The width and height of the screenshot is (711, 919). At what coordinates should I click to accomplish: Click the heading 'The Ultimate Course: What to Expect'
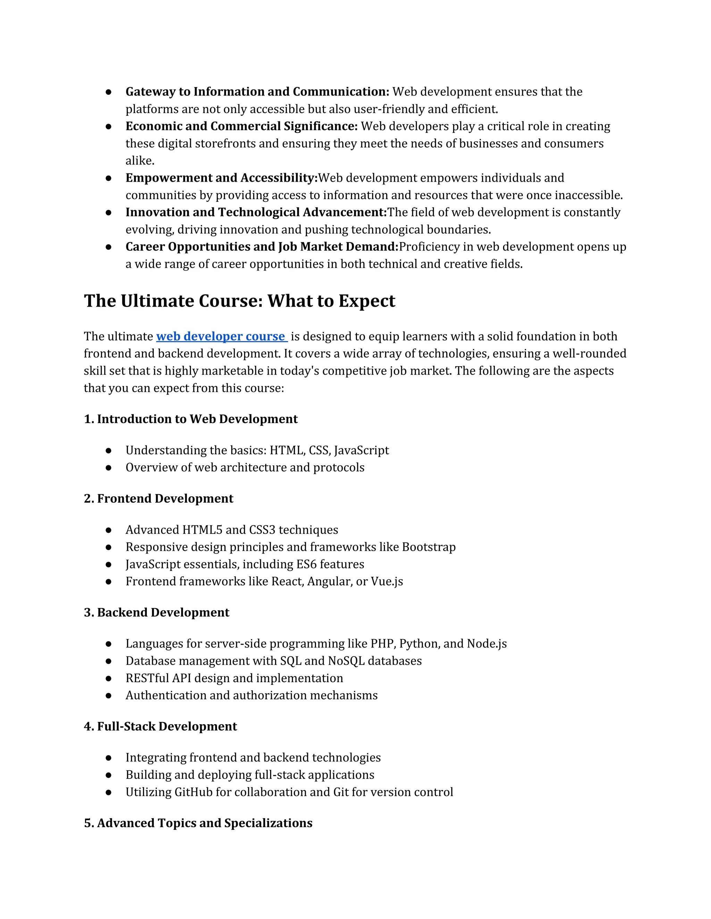239,301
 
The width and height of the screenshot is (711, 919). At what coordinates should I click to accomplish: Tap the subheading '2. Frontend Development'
158,499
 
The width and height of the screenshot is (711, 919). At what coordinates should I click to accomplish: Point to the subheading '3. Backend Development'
156,613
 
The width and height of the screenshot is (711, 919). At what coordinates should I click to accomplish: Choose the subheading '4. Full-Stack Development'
160,727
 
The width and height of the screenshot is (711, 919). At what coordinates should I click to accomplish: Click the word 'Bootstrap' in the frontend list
428,547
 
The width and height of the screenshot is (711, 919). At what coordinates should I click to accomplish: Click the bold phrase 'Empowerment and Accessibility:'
221,178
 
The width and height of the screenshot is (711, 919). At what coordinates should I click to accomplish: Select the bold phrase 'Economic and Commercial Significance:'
241,126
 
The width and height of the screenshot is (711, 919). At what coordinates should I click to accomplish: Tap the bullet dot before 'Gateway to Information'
109,92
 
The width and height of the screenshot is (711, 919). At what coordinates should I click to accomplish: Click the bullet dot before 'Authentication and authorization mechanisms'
109,696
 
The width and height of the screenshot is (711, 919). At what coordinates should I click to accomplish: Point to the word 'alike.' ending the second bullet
140,161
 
